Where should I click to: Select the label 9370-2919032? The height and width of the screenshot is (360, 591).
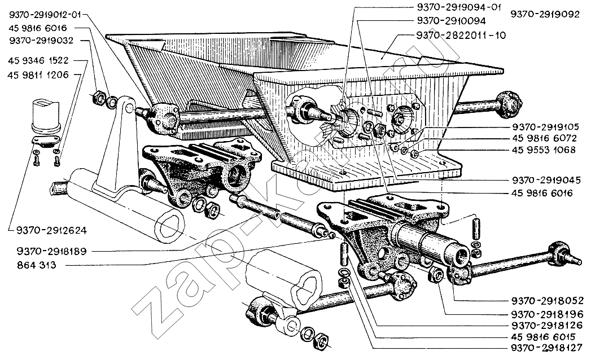point(41,41)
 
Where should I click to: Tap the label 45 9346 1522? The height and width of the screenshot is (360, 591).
point(38,60)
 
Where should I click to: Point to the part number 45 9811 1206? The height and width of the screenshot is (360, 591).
point(38,75)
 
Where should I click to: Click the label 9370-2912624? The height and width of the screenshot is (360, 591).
point(51,230)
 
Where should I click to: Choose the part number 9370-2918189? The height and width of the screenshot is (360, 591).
point(51,252)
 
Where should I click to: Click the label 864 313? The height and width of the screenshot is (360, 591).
point(37,265)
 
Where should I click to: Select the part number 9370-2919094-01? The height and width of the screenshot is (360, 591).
point(458,7)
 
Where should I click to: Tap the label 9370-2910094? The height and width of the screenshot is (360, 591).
point(451,21)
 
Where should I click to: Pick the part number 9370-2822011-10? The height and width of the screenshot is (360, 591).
point(461,36)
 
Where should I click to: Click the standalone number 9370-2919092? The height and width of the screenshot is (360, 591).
point(545,14)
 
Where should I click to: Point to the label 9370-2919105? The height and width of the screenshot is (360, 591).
point(545,127)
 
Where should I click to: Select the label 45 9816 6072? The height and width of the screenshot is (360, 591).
point(544,138)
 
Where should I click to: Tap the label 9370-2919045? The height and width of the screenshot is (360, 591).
point(546,180)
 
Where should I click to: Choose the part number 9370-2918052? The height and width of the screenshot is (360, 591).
point(548,301)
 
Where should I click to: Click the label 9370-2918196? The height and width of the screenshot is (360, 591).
point(548,314)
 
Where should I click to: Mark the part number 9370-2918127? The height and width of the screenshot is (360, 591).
point(548,348)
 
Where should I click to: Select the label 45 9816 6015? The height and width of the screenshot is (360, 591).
point(544,337)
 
